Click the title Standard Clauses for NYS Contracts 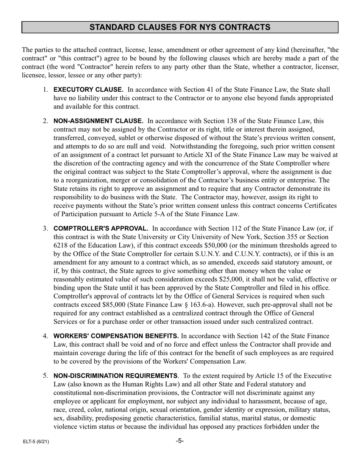point(180,27)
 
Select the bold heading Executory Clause point(88,90)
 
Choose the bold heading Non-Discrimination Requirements point(115,376)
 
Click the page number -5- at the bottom point(180,441)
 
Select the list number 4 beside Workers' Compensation point(45,336)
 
